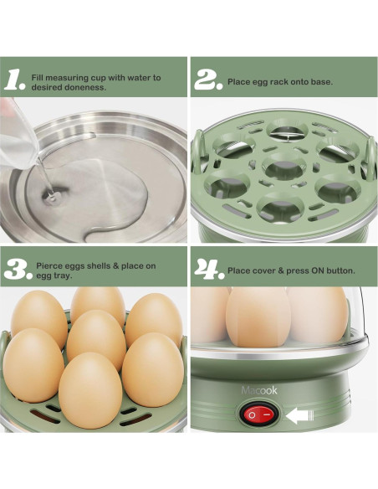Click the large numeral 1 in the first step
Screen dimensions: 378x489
(x=13, y=80)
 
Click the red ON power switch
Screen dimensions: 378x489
(x=258, y=414)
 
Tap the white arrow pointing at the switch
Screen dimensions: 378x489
(x=299, y=415)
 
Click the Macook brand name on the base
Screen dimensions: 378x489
(x=259, y=390)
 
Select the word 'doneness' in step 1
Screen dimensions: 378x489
(x=85, y=87)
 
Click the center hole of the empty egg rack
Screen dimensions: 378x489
(x=283, y=167)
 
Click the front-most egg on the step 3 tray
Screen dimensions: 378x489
(x=90, y=390)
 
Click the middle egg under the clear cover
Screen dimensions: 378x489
(x=258, y=317)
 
